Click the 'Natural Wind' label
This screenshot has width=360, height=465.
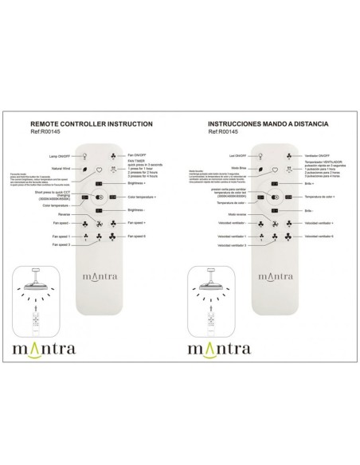(61, 170)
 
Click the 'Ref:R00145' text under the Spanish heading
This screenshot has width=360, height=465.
(225, 133)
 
